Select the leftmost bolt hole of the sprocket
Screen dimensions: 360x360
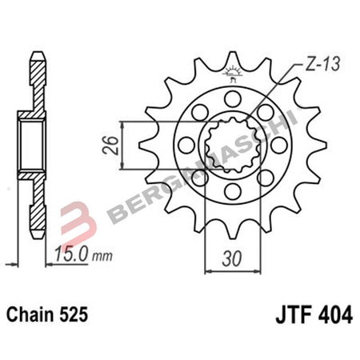tap(185, 146)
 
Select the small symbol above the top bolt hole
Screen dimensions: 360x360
tap(233, 74)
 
